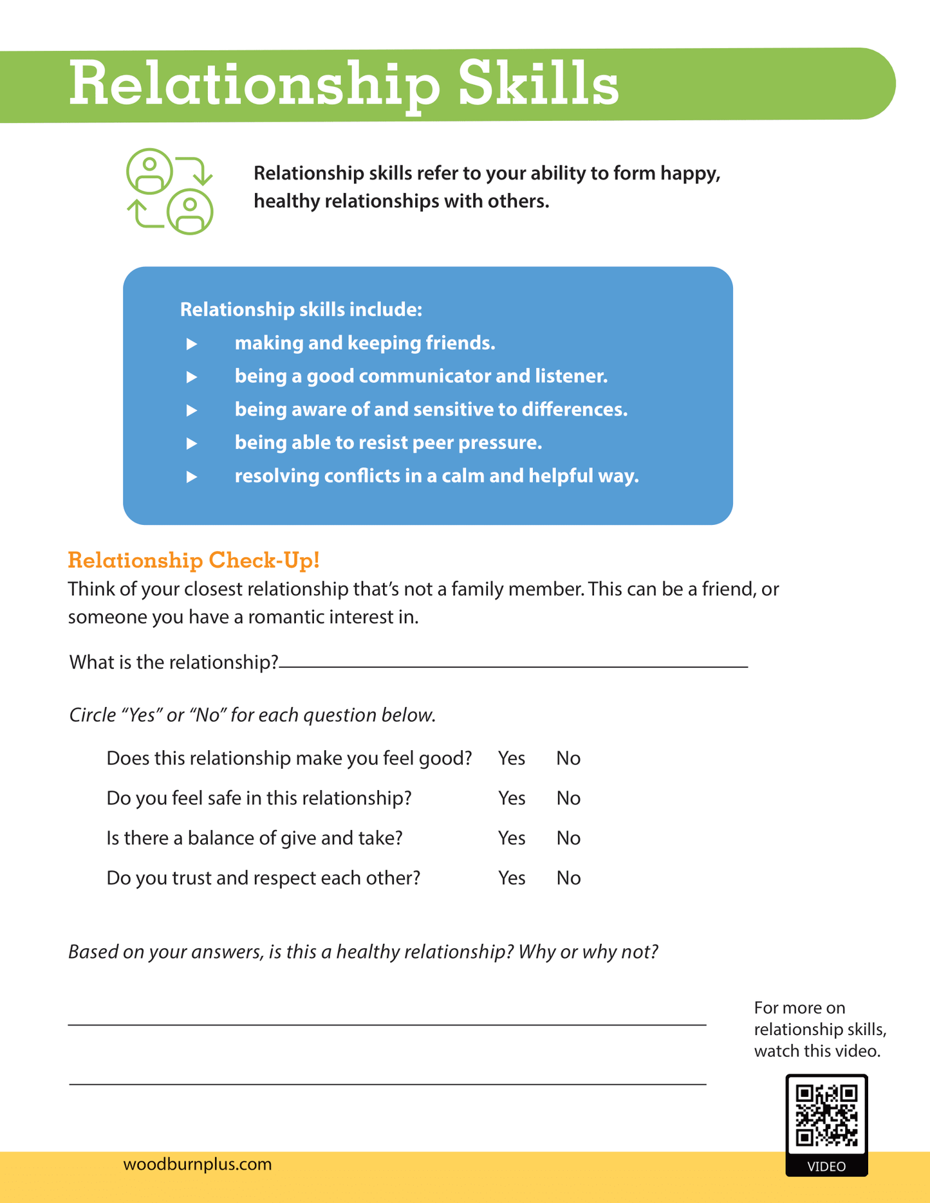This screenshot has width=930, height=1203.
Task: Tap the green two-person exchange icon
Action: click(x=170, y=191)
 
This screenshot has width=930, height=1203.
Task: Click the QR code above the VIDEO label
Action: click(x=826, y=1115)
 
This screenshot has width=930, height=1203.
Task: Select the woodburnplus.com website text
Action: click(x=198, y=1164)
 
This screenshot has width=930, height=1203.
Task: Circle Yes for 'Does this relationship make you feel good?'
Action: click(x=512, y=758)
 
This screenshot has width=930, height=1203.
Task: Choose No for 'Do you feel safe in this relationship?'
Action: click(x=568, y=798)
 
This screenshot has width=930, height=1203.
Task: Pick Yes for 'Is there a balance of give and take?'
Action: click(x=512, y=838)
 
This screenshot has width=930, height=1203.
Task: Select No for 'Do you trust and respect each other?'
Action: click(x=568, y=878)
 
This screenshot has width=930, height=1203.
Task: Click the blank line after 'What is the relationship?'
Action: click(x=513, y=664)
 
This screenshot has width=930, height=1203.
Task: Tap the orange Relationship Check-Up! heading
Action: click(x=194, y=560)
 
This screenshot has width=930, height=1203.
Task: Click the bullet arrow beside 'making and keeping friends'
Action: click(x=192, y=344)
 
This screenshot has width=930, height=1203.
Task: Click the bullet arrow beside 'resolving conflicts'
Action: click(x=192, y=477)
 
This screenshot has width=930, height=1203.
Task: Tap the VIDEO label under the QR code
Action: click(x=826, y=1166)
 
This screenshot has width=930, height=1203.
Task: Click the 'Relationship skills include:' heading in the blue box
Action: click(x=301, y=309)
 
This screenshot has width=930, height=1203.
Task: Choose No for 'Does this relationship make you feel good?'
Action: click(x=568, y=758)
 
